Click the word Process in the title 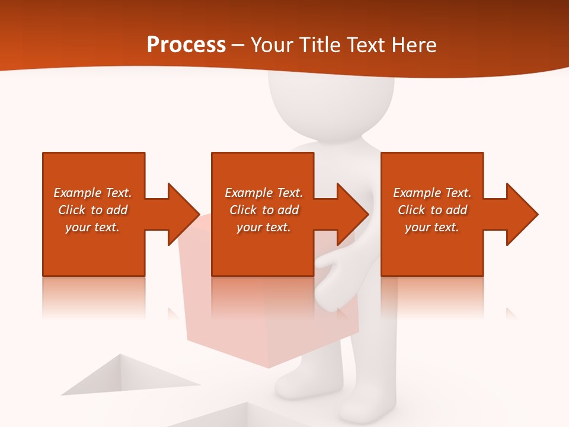pyautogui.click(x=186, y=45)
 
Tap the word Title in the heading pyautogui.click(x=319, y=45)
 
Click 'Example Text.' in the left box pyautogui.click(x=92, y=193)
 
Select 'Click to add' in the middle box pyautogui.click(x=264, y=210)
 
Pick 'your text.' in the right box pyautogui.click(x=431, y=227)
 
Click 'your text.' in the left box pyautogui.click(x=92, y=227)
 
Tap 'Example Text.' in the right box pyautogui.click(x=432, y=193)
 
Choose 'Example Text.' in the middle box pyautogui.click(x=264, y=193)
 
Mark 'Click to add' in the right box pyautogui.click(x=432, y=210)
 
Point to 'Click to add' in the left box pyautogui.click(x=92, y=210)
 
